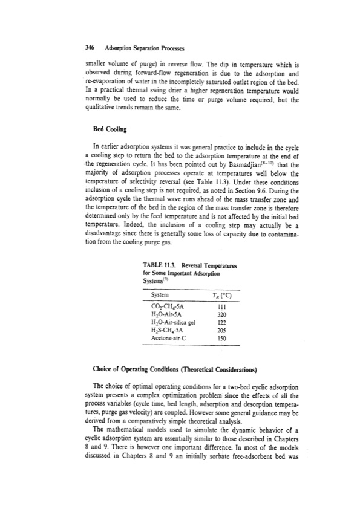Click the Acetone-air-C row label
167,339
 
